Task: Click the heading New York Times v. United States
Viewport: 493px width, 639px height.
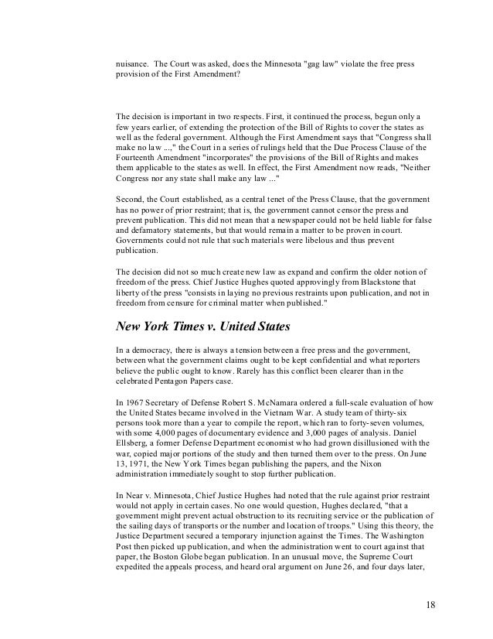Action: point(202,326)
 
